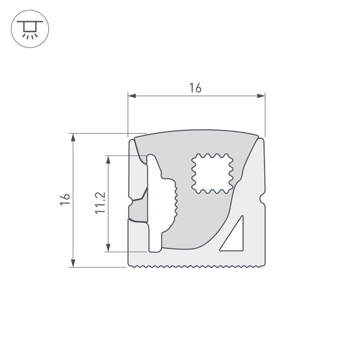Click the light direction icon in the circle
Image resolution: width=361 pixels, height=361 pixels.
30,30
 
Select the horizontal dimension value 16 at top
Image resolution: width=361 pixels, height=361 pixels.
196,88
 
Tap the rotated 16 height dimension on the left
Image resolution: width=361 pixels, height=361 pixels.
64,199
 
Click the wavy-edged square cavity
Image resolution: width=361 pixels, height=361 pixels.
213,173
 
